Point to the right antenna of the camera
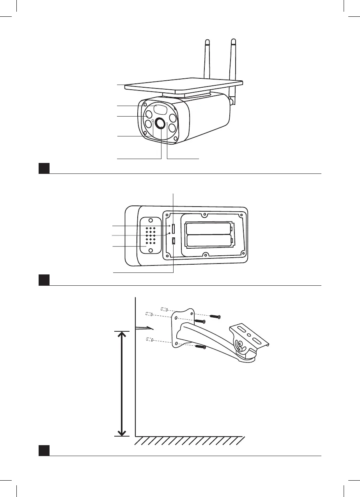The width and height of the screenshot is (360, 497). point(234,62)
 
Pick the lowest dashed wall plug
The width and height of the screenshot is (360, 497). point(149,339)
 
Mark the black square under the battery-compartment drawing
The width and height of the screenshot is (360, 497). point(44,280)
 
